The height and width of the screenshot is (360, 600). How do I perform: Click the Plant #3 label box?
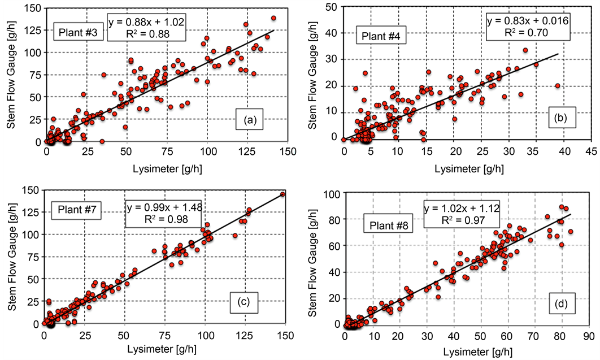pos(79,32)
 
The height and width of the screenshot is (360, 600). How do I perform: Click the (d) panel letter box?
pos(562,305)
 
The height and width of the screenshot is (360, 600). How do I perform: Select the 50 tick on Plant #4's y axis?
pos(332,6)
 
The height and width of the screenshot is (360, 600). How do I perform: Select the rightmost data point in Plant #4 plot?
pos(558,86)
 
